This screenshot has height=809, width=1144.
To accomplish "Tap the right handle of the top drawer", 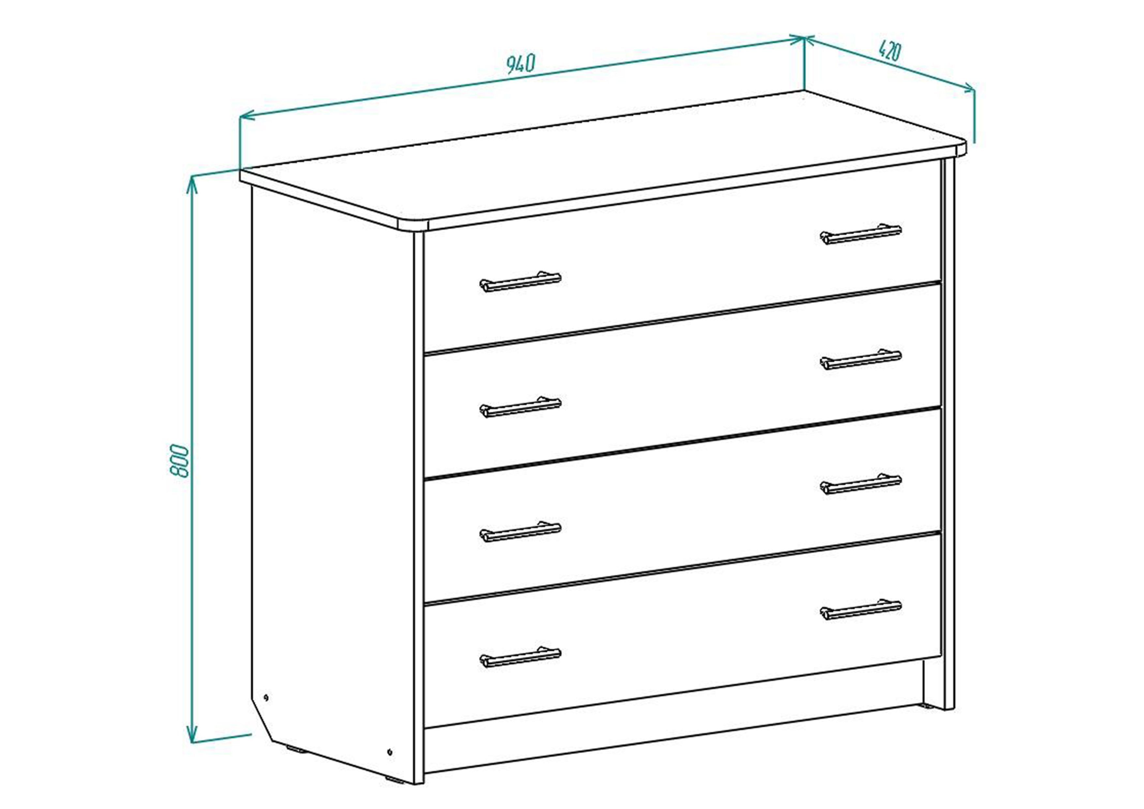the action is (861, 234).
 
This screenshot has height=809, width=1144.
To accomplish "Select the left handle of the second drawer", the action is (520, 407).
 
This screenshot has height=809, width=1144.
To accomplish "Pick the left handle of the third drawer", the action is (520, 531).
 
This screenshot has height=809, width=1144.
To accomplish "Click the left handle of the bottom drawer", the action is (520, 657).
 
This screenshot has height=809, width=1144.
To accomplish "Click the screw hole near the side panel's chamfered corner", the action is (266, 697).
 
